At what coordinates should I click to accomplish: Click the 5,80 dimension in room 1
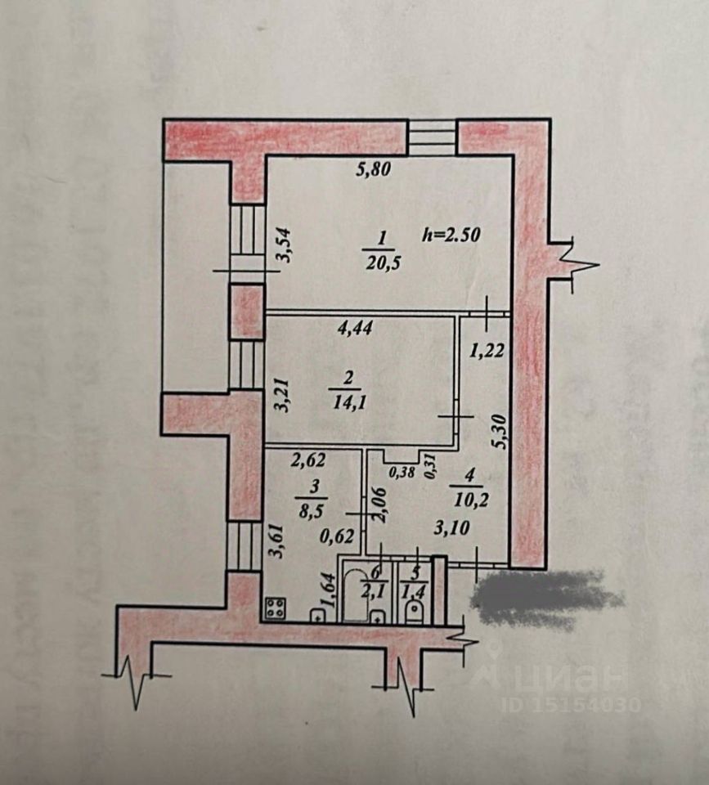click(x=374, y=171)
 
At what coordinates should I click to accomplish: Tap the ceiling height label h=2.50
click(x=452, y=233)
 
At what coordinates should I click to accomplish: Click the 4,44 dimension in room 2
click(x=356, y=330)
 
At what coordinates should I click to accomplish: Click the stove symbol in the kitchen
click(x=276, y=608)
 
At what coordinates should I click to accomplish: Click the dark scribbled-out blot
click(x=544, y=599)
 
